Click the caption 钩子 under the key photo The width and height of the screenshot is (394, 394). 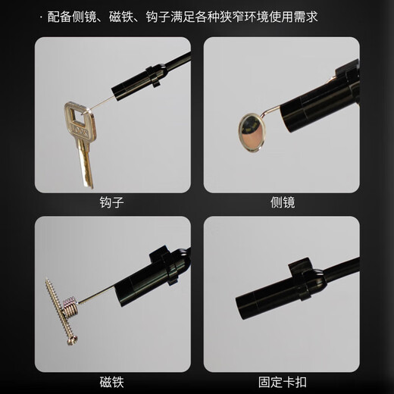111,202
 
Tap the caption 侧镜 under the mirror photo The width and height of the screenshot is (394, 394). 282,202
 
